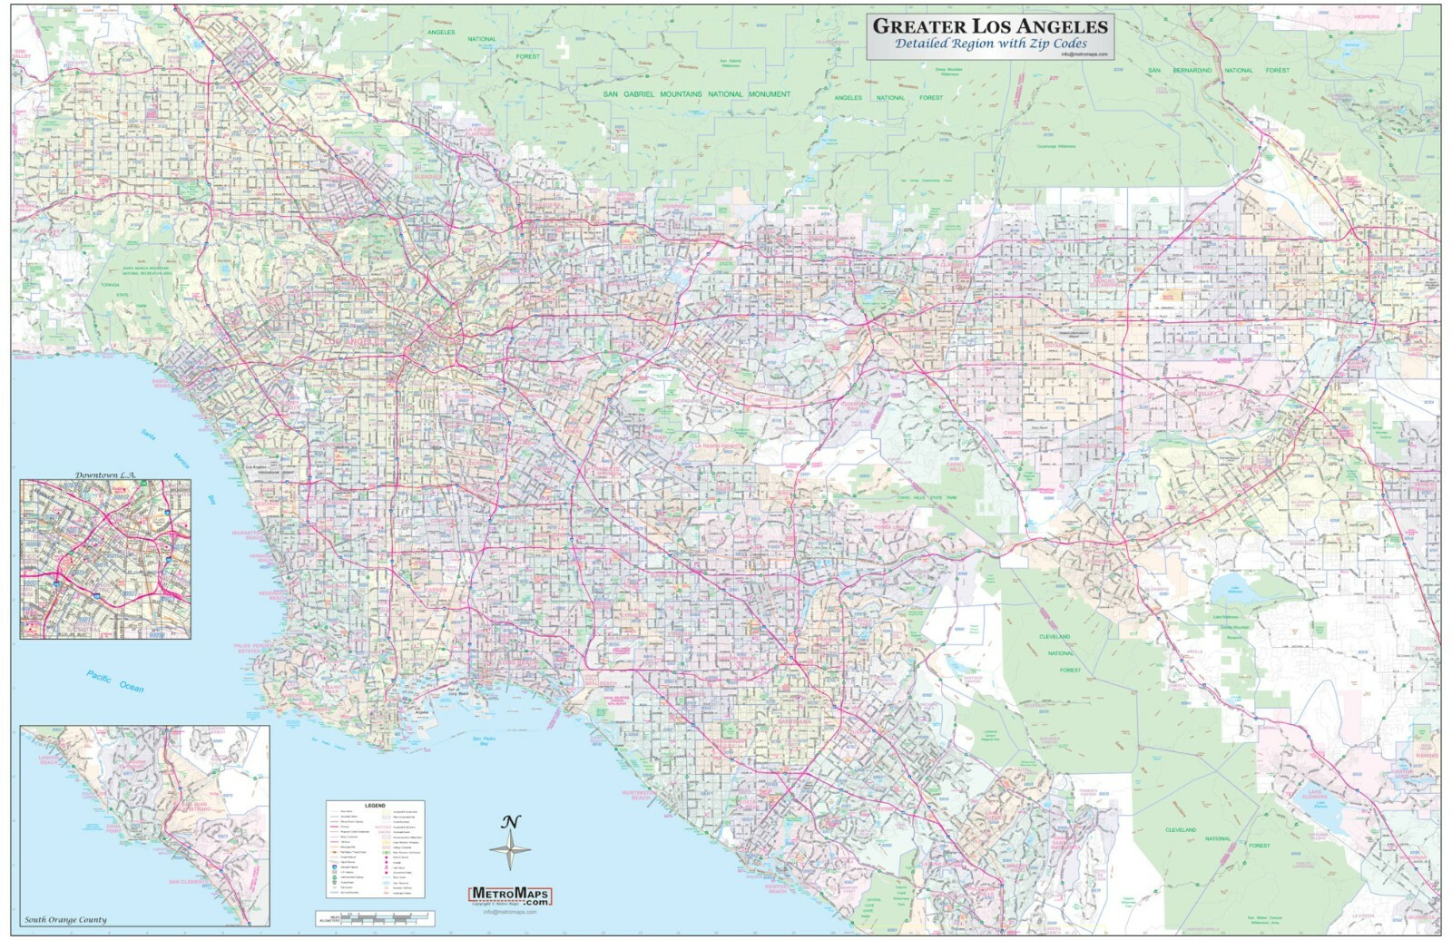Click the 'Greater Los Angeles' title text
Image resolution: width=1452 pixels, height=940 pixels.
coord(989,25)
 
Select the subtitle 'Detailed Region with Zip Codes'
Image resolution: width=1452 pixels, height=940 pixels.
coord(990,44)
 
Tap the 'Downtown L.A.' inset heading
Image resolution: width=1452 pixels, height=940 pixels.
coord(104,475)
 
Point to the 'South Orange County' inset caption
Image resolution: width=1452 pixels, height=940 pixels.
coord(65,919)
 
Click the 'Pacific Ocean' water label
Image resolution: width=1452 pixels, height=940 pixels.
coord(115,681)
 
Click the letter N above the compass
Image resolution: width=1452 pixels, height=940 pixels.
coord(511,822)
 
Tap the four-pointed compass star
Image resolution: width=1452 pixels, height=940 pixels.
coord(511,851)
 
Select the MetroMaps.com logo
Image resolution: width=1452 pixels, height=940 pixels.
coord(510,896)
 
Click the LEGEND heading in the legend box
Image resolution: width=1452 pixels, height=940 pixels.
coord(375,806)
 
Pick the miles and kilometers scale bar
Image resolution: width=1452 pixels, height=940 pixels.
coord(374,919)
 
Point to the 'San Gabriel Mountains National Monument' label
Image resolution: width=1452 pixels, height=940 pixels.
coord(697,94)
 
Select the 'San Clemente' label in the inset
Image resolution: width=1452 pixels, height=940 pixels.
coord(186,881)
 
